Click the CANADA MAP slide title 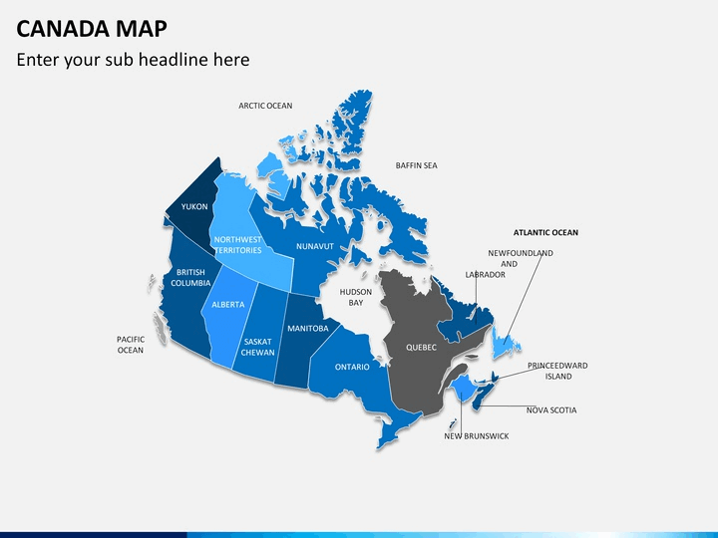92,28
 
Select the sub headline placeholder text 133,60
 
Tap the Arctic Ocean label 265,106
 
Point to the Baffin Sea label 416,165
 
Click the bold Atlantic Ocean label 545,232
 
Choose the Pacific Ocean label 131,345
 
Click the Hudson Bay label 356,297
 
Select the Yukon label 194,207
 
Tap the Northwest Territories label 238,245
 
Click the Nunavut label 315,247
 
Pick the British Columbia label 190,278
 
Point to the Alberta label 228,305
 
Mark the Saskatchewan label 258,348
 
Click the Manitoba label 308,329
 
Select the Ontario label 352,367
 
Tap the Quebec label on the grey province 421,348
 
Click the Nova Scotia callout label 551,410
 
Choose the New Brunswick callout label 477,436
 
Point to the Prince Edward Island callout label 557,371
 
